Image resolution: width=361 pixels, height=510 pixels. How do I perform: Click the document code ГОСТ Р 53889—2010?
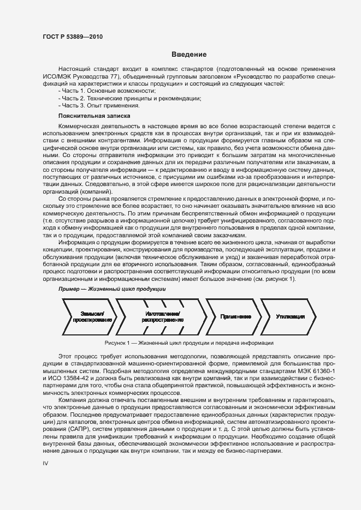tap(72, 37)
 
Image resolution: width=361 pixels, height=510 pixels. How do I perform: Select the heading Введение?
tap(189, 55)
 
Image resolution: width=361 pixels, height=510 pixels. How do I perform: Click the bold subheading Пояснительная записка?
tap(94, 116)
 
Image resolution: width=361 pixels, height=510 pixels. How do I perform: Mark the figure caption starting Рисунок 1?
tap(189, 343)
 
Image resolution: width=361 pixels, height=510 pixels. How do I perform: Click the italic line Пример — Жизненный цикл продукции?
tap(111, 289)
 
